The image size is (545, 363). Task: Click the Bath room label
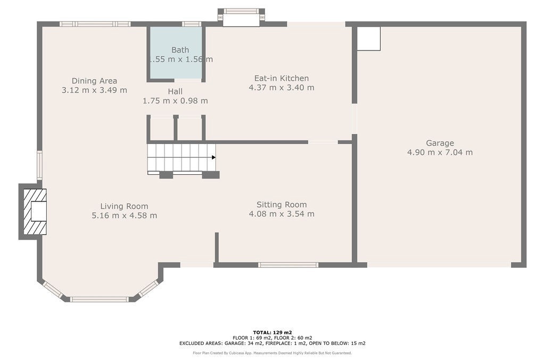pos(180,50)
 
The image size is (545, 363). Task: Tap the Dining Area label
pos(94,81)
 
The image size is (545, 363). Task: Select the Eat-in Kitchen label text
pos(281,78)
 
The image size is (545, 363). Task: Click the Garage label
pos(440,143)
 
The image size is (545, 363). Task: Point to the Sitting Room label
pos(282,205)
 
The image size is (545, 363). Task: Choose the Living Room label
pos(124,206)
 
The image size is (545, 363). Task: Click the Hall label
pos(175,91)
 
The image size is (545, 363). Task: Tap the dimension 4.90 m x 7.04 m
pos(440,153)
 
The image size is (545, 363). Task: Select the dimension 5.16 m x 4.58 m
pos(124,216)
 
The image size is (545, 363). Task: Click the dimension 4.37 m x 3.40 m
pos(281,88)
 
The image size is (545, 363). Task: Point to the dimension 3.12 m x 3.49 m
pos(94,90)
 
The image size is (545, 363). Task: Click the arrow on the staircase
pos(213,157)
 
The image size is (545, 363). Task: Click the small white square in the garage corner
pos(368,39)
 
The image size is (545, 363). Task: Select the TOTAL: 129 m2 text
pos(272,332)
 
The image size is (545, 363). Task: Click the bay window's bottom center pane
pos(99,299)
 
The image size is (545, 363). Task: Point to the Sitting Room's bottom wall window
pos(288,265)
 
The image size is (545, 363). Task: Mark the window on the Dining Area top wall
pos(95,24)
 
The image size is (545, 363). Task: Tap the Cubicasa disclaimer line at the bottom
pos(272,353)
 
